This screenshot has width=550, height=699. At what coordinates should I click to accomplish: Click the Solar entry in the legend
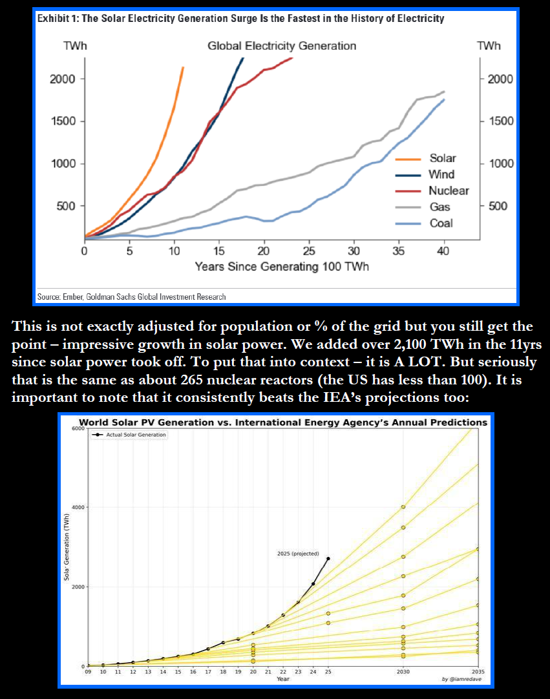click(x=442, y=158)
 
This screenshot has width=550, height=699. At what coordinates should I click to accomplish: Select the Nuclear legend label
click(x=448, y=191)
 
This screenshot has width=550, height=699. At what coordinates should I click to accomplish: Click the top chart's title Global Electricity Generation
click(x=282, y=46)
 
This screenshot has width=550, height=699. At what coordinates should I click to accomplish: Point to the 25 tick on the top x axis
click(x=309, y=251)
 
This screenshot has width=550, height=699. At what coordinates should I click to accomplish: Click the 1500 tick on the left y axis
click(x=63, y=121)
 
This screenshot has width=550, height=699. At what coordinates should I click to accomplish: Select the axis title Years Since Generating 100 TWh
click(x=282, y=267)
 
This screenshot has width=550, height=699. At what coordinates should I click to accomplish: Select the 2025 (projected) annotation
click(x=298, y=554)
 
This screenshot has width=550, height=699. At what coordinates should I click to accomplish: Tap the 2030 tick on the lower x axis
click(x=403, y=672)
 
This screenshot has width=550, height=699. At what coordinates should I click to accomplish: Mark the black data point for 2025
click(x=328, y=559)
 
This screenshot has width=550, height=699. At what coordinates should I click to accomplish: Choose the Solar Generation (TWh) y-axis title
click(x=67, y=556)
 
